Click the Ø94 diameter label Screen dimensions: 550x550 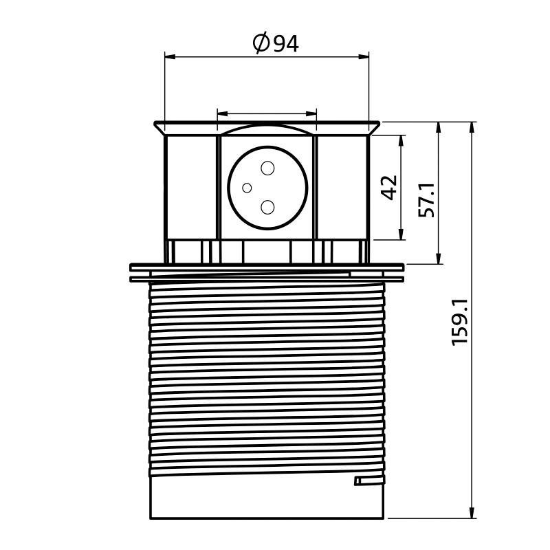[276, 43]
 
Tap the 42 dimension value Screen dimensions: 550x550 [389, 187]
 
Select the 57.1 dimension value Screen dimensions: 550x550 [427, 200]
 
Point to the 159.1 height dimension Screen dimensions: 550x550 [460, 322]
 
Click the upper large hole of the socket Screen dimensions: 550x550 [267, 168]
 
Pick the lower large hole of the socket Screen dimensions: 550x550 [267, 208]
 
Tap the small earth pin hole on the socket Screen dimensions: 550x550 [247, 188]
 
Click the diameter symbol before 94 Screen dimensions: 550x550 [261, 43]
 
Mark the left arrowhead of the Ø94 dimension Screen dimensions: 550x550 [170, 57]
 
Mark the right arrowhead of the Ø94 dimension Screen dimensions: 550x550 [364, 57]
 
